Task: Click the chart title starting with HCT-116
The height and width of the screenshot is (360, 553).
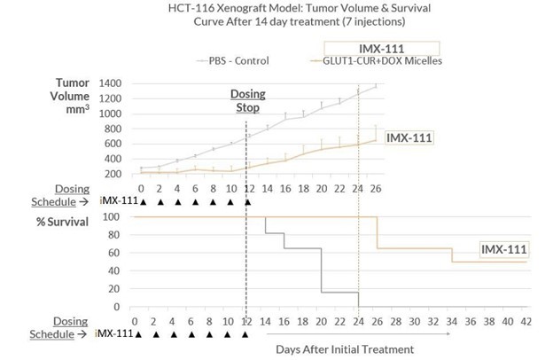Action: click(x=276, y=15)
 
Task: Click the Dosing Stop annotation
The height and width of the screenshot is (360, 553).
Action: click(x=246, y=100)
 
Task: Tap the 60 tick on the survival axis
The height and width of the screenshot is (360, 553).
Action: click(x=113, y=253)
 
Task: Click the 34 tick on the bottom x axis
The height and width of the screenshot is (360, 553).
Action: click(x=451, y=320)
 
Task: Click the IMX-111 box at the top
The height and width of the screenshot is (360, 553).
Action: click(x=382, y=49)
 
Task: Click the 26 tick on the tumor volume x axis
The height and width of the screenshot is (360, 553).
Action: click(x=375, y=189)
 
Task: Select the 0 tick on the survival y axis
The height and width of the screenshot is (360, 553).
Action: click(x=116, y=307)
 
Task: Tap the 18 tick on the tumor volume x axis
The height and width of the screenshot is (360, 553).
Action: click(x=302, y=189)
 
